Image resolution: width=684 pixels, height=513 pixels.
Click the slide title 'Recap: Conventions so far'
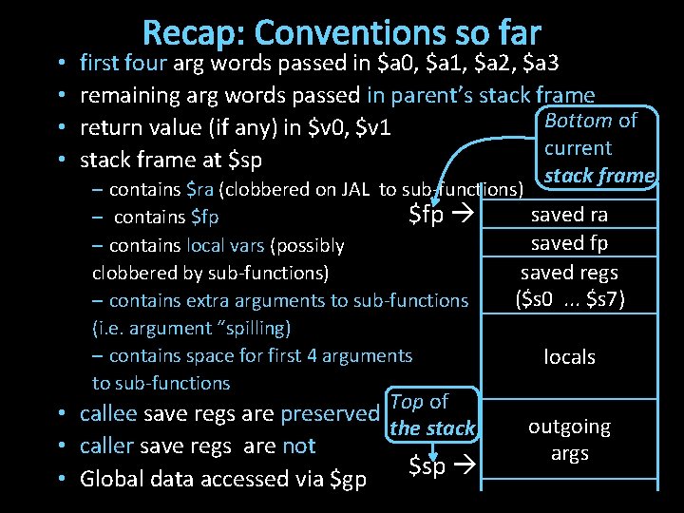click(x=342, y=33)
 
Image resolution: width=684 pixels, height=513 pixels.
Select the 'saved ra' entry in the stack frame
click(x=569, y=215)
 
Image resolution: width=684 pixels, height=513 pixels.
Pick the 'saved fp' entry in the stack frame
click(x=569, y=243)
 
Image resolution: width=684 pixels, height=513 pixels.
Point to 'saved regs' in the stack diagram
click(x=569, y=272)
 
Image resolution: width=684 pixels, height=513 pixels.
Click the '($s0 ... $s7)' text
click(x=569, y=299)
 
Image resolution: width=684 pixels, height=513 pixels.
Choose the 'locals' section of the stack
click(x=569, y=357)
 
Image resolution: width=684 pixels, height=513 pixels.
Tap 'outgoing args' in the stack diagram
click(x=569, y=440)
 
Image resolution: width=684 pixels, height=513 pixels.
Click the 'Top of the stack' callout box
click(x=431, y=415)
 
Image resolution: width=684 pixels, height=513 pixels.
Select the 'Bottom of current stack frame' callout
click(x=598, y=147)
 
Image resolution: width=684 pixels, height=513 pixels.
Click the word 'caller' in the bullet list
click(x=107, y=446)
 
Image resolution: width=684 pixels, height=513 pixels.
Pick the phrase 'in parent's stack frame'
click(x=481, y=95)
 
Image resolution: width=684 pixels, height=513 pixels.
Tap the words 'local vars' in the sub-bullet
click(x=225, y=245)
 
